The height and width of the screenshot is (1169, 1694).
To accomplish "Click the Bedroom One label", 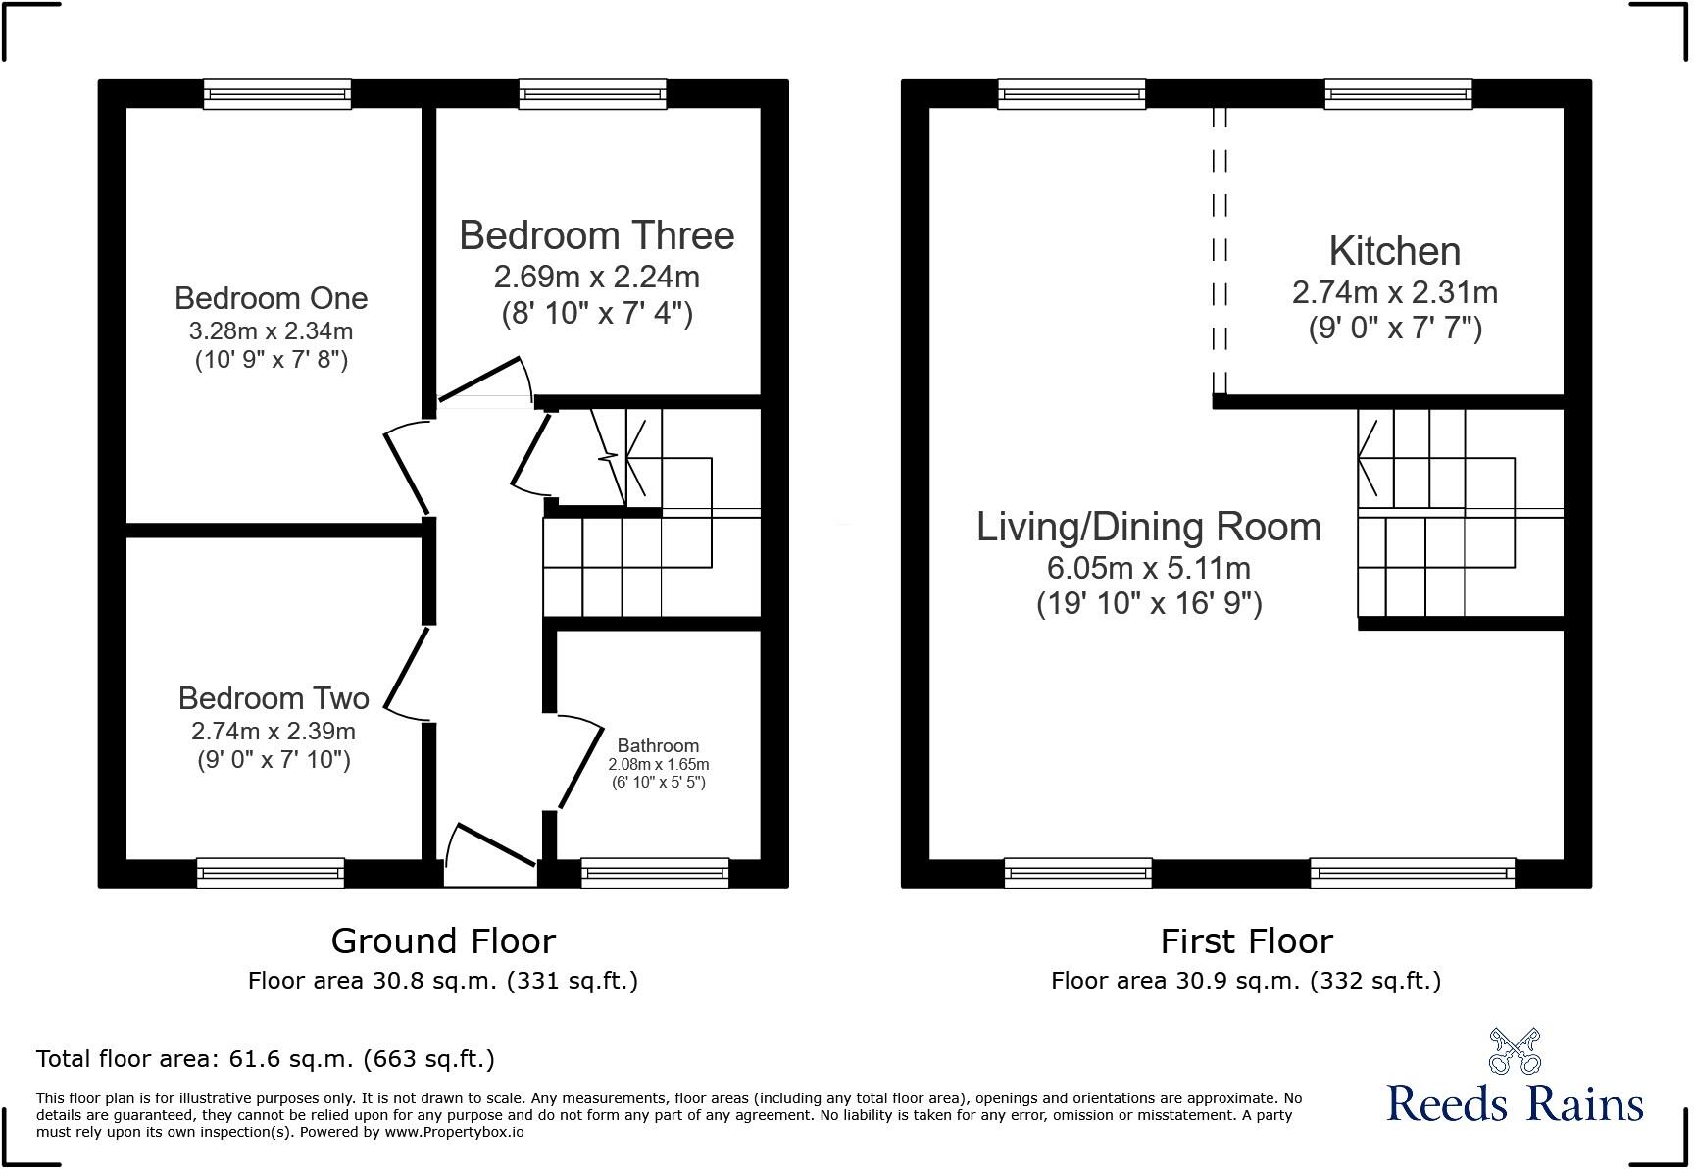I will pyautogui.click(x=271, y=298).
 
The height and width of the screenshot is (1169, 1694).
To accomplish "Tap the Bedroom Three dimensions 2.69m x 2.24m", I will pyautogui.click(x=596, y=278).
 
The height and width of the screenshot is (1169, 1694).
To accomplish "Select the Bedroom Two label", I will pyautogui.click(x=274, y=698).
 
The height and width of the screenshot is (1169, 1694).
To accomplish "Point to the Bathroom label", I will pyautogui.click(x=658, y=746).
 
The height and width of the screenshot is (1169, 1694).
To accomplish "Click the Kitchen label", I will pyautogui.click(x=1394, y=251).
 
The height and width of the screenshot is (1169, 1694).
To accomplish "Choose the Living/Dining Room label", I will pyautogui.click(x=1148, y=527).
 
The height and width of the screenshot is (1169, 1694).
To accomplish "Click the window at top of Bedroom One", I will pyautogui.click(x=277, y=94).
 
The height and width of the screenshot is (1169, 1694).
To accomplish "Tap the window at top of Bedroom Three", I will pyautogui.click(x=593, y=94).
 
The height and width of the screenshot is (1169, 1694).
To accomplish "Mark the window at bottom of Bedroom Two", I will pyautogui.click(x=271, y=872).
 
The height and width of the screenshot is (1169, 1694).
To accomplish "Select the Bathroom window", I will pyautogui.click(x=655, y=872).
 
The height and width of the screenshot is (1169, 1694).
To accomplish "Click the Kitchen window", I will pyautogui.click(x=1398, y=94).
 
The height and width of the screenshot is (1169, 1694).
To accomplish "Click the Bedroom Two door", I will pyautogui.click(x=406, y=668).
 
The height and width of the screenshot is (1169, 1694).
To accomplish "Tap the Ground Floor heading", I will pyautogui.click(x=443, y=941).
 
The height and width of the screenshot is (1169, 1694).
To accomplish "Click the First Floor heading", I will pyautogui.click(x=1246, y=941).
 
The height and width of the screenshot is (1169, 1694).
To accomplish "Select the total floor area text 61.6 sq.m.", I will pyautogui.click(x=265, y=1059).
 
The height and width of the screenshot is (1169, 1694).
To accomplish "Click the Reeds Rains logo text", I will pyautogui.click(x=1515, y=1104).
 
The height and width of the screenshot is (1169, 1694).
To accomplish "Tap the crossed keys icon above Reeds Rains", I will pyautogui.click(x=1515, y=1050).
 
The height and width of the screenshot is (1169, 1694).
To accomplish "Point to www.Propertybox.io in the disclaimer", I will pyautogui.click(x=454, y=1132).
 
